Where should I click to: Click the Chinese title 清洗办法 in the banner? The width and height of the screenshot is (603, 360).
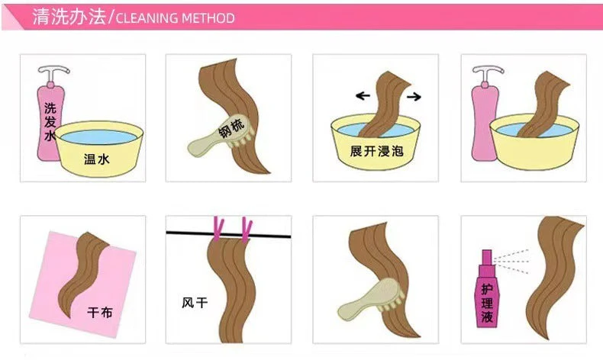(x=69, y=17)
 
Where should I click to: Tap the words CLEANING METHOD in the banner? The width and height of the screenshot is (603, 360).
(x=175, y=18)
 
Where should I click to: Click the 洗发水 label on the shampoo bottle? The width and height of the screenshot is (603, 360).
(x=50, y=121)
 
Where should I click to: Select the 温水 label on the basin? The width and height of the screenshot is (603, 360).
(x=96, y=159)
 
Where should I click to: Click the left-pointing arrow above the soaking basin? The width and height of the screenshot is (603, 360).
(x=363, y=95)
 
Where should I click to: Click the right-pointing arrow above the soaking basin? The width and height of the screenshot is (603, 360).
(x=414, y=96)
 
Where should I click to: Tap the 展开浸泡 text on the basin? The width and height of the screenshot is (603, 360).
(x=376, y=151)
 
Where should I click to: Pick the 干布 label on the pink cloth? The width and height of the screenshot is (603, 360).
(x=100, y=312)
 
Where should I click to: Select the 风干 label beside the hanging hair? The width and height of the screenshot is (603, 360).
(x=195, y=302)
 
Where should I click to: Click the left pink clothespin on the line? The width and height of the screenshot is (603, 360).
(x=218, y=229)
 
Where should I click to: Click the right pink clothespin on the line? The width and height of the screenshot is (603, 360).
(x=247, y=230)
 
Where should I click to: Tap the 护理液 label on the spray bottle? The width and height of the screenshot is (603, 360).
(x=487, y=303)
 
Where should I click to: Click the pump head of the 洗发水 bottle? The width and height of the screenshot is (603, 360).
(x=53, y=73)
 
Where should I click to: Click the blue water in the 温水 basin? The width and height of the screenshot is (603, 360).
(x=98, y=137)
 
